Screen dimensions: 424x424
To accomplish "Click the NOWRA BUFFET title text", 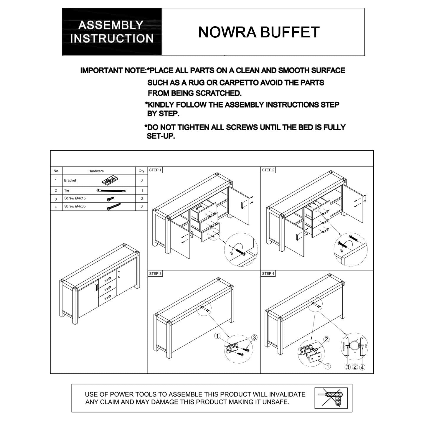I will tap(259, 32).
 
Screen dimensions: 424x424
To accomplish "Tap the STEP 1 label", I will tap(155, 170).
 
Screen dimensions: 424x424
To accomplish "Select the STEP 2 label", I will tap(268, 170).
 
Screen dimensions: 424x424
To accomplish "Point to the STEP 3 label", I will tap(155, 274).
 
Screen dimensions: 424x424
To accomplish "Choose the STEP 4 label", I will tap(268, 274).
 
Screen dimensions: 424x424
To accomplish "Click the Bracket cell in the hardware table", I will tap(70, 180).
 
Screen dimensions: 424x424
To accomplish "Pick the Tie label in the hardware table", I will tap(67, 190).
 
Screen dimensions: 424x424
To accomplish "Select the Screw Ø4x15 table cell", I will tap(75, 198).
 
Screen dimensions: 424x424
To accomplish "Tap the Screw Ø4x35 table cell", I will tap(75, 206).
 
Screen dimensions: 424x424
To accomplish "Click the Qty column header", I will tap(141, 171).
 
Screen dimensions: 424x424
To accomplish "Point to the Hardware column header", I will tap(96, 171).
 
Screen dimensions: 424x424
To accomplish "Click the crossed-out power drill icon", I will tap(331, 398).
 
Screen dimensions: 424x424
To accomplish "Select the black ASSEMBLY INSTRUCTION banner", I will tap(112, 32).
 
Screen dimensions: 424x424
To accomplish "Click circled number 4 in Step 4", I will tap(362, 367).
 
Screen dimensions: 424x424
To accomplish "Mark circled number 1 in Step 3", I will tap(217, 336).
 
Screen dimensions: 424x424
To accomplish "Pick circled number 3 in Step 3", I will tap(254, 338).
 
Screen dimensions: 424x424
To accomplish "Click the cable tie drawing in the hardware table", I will tap(111, 191).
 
